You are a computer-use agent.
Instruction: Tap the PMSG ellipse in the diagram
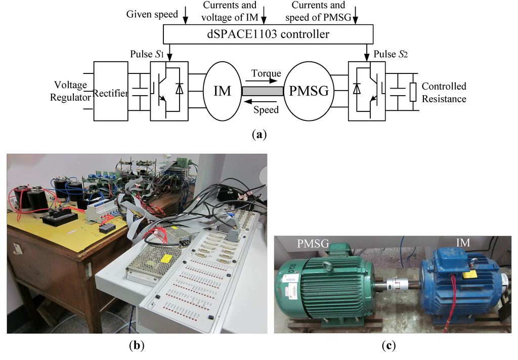click(x=309, y=91)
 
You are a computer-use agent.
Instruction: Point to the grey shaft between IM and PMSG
click(x=262, y=91)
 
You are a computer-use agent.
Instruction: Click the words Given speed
click(x=152, y=14)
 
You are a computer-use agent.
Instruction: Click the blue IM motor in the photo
click(x=460, y=286)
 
